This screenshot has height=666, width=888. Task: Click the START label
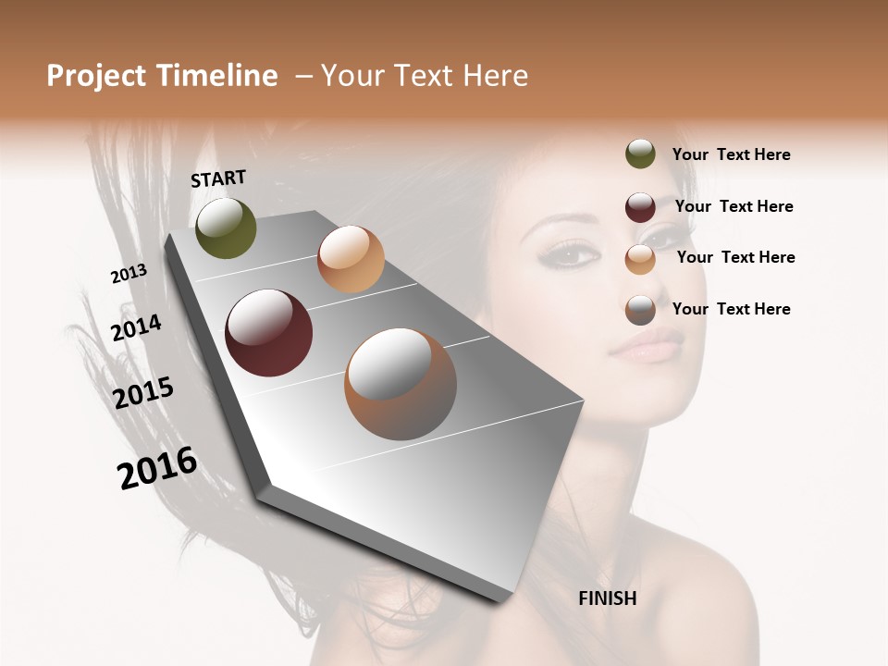pyautogui.click(x=218, y=179)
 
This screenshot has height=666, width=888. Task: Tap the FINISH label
pyautogui.click(x=608, y=598)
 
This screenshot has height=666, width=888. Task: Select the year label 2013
pyautogui.click(x=129, y=274)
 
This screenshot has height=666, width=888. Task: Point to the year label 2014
pyautogui.click(x=136, y=328)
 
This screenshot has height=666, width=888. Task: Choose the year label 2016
pyautogui.click(x=157, y=468)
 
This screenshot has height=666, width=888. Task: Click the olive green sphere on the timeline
pyautogui.click(x=226, y=228)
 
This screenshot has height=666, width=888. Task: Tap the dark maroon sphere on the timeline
pyautogui.click(x=268, y=333)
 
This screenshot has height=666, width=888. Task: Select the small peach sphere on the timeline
pyautogui.click(x=351, y=259)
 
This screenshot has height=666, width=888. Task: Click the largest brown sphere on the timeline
pyautogui.click(x=400, y=384)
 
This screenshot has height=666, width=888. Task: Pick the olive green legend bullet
pyautogui.click(x=640, y=154)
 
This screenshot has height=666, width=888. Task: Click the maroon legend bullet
pyautogui.click(x=640, y=207)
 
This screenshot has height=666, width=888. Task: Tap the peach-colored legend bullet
pyautogui.click(x=640, y=259)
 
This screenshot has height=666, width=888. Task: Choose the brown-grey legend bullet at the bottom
pyautogui.click(x=640, y=311)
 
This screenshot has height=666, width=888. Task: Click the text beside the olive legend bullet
pyautogui.click(x=731, y=155)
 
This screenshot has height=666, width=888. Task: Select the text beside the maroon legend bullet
pyautogui.click(x=734, y=206)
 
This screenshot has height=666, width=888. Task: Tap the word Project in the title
pyautogui.click(x=96, y=76)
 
